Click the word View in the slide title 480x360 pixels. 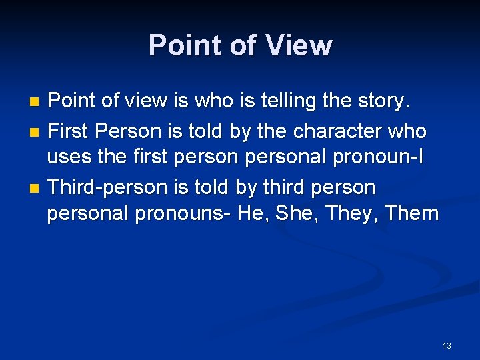[299, 45]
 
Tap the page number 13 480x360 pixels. [447, 345]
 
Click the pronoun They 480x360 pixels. [377, 215]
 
